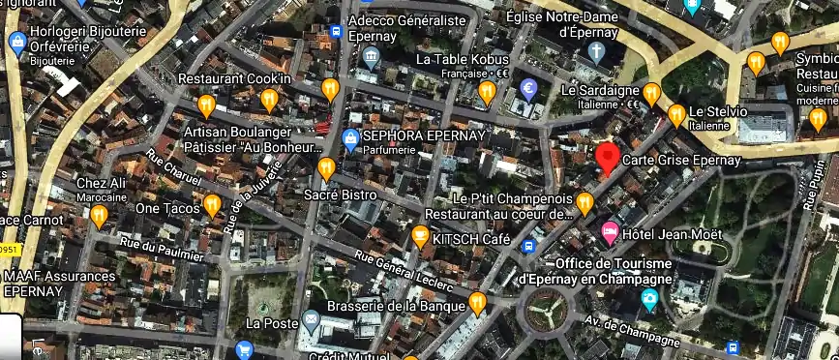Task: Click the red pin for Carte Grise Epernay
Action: point(608,156)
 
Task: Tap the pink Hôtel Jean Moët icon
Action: point(610,231)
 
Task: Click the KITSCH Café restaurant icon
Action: point(420,235)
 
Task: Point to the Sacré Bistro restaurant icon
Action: point(327,168)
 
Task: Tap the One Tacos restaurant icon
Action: point(212,204)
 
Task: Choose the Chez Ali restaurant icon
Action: point(99,215)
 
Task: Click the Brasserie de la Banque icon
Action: point(477,304)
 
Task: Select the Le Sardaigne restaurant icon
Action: point(652,93)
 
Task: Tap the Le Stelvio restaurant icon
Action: point(677,115)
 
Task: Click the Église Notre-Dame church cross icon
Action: point(599,50)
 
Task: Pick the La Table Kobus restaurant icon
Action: point(488,92)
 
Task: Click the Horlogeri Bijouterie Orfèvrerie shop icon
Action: point(16,43)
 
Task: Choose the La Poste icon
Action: point(312,320)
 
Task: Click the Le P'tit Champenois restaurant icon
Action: point(584,202)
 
